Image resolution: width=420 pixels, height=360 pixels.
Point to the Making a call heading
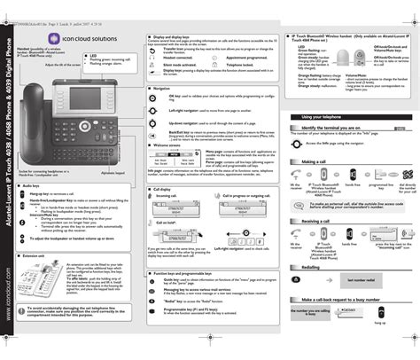[315, 162]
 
